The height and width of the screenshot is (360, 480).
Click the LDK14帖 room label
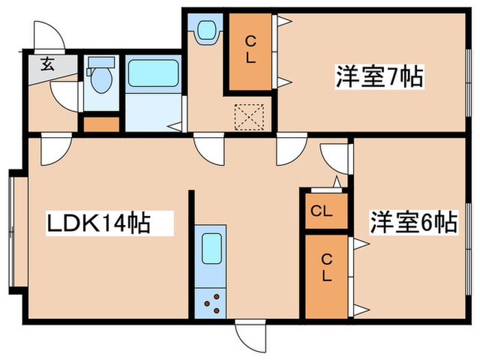click(98, 223)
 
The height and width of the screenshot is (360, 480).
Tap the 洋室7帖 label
click(379, 77)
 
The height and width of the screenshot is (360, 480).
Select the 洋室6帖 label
click(413, 223)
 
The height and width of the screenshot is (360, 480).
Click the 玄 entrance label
click(47, 66)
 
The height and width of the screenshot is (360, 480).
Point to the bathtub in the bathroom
click(154, 73)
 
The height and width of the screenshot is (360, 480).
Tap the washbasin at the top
click(206, 29)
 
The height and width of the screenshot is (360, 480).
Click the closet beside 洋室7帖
click(250, 49)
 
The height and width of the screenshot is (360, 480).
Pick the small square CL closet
click(320, 211)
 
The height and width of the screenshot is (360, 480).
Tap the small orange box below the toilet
click(101, 124)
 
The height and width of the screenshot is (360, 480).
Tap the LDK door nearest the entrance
click(56, 149)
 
